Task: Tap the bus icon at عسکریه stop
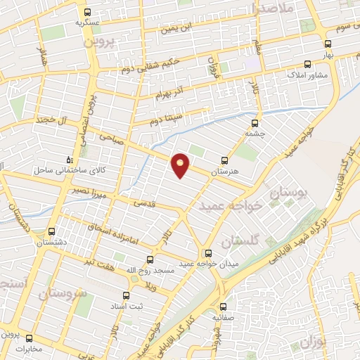click(x=87, y=12)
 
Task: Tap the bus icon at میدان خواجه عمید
click(x=207, y=254)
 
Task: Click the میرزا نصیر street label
click(x=89, y=189)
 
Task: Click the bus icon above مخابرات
click(x=30, y=337)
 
